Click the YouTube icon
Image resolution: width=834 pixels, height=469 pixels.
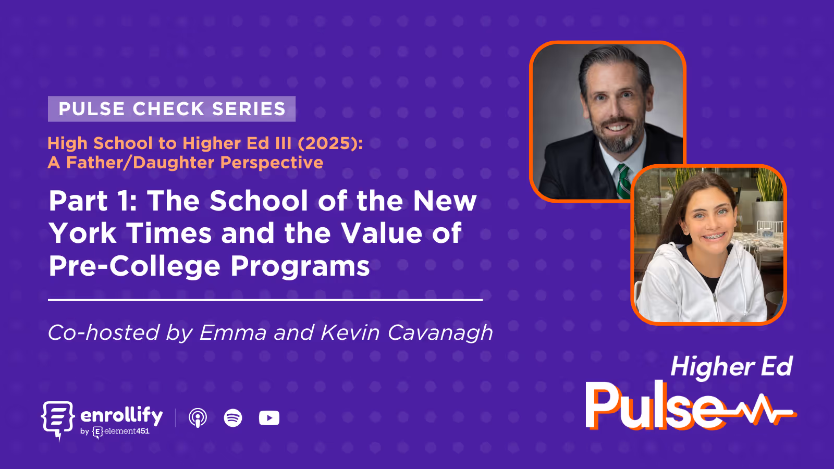(269, 418)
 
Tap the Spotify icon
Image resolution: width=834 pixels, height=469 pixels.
(233, 418)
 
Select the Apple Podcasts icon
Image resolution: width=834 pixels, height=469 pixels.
(198, 418)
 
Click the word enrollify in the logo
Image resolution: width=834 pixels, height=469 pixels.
(121, 416)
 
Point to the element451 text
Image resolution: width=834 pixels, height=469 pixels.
(127, 431)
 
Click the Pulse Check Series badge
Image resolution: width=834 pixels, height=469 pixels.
(171, 109)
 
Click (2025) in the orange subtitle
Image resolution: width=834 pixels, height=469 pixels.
(330, 143)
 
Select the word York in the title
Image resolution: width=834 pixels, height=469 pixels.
(83, 233)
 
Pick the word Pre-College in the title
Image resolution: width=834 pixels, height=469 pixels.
(134, 266)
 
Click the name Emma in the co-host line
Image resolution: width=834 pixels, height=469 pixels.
(233, 333)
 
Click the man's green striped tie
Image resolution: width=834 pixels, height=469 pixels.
(622, 180)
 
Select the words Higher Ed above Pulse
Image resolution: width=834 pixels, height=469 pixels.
(731, 366)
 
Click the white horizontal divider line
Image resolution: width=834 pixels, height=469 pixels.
(265, 300)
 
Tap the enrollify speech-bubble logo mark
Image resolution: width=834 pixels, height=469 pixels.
(57, 418)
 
